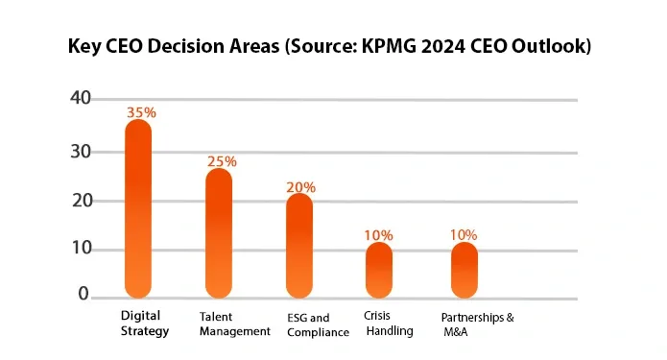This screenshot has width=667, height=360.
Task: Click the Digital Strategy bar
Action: [139, 208]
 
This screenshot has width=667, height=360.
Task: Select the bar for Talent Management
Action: [220, 232]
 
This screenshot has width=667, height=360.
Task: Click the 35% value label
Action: [141, 112]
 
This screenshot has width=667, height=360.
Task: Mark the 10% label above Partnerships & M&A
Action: [464, 234]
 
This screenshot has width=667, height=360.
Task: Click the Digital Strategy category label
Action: [144, 324]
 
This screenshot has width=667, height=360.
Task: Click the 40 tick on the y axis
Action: [81, 98]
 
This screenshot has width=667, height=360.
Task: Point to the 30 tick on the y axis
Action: [81, 152]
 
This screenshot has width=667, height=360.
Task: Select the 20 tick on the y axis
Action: [81, 201]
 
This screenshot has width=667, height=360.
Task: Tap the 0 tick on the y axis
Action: [83, 294]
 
